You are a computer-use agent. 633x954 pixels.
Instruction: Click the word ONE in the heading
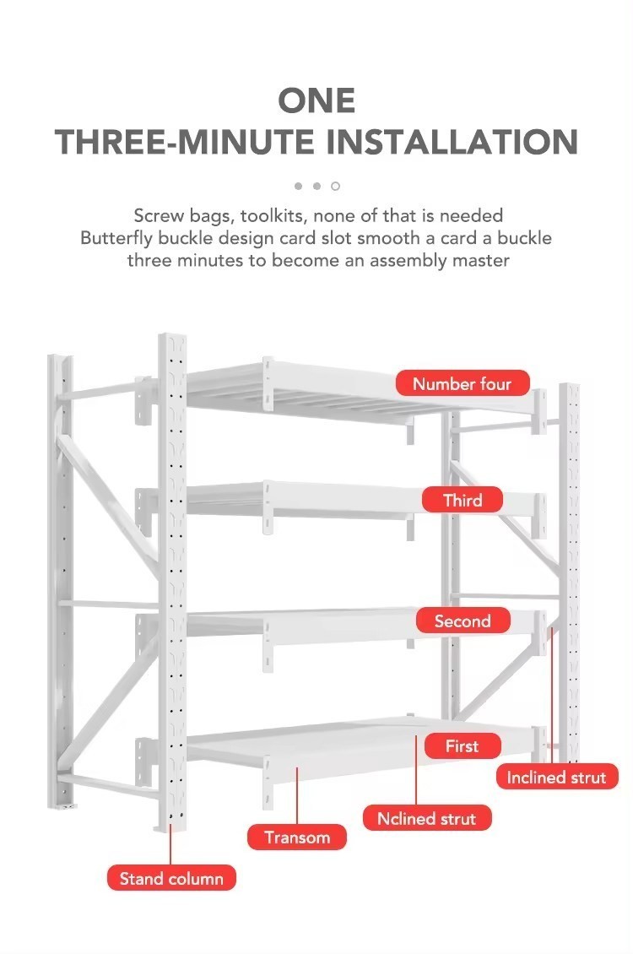(316, 100)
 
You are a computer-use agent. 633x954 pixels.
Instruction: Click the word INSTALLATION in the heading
(452, 142)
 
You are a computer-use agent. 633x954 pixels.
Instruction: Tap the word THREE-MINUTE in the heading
(186, 142)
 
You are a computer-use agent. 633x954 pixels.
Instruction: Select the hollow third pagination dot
(335, 187)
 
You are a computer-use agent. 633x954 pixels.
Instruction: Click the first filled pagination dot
(298, 187)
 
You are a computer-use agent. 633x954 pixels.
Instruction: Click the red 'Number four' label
(463, 384)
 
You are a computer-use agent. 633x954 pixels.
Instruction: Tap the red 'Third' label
(463, 500)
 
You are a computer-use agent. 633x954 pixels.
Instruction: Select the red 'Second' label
(463, 621)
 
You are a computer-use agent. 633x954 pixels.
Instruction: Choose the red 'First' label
(463, 746)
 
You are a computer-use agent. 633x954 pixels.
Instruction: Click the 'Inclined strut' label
(556, 777)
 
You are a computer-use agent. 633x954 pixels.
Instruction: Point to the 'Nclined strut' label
(427, 818)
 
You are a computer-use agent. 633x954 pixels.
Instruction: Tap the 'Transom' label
(297, 837)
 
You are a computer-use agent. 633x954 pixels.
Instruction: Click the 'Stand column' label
(171, 879)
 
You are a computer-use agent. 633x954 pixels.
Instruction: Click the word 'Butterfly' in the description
(116, 238)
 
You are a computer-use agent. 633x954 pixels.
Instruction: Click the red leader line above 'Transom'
(297, 796)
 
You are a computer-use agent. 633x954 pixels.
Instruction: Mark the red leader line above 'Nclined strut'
(417, 770)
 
